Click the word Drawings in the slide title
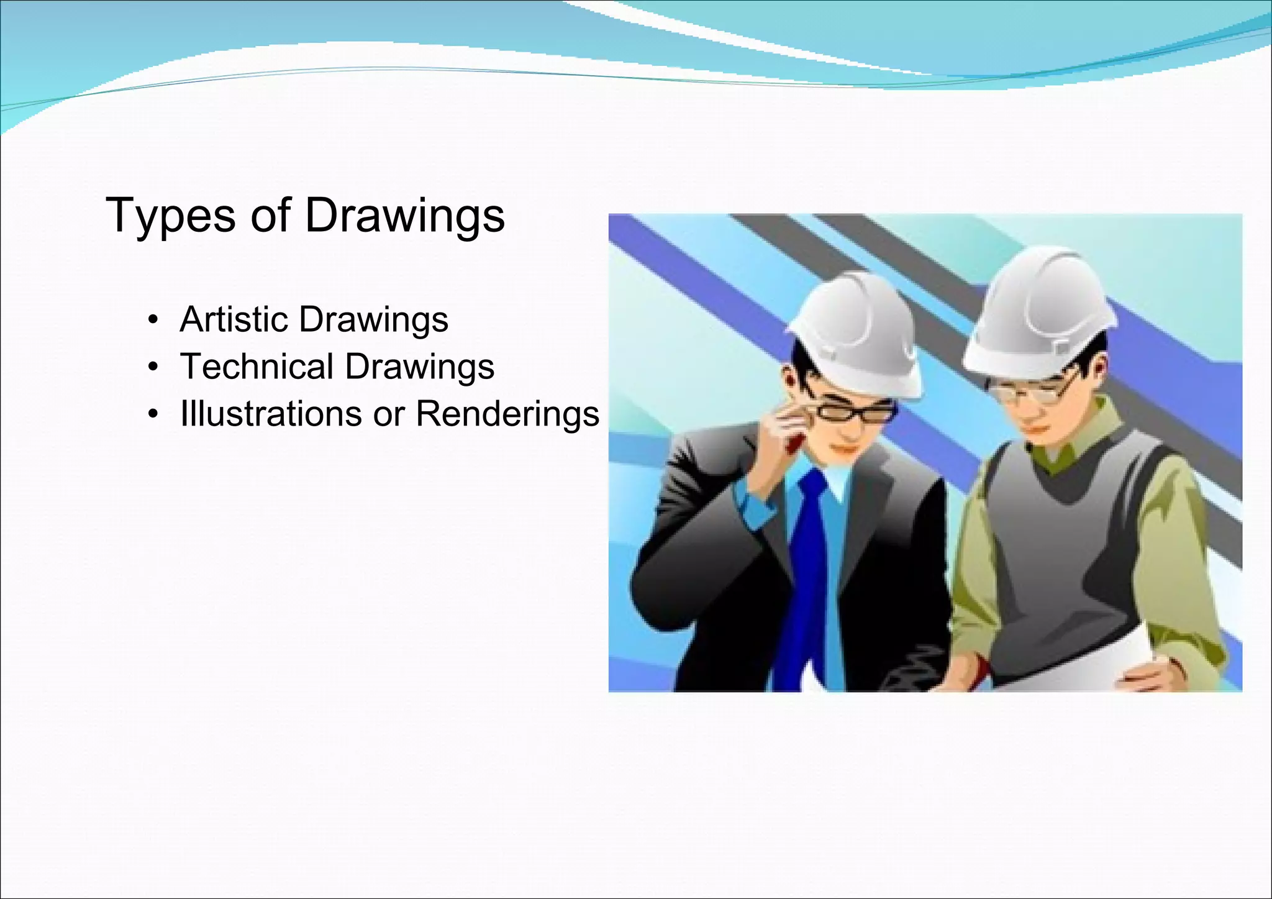[404, 216]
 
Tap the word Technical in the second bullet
[257, 366]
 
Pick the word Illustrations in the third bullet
[271, 413]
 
